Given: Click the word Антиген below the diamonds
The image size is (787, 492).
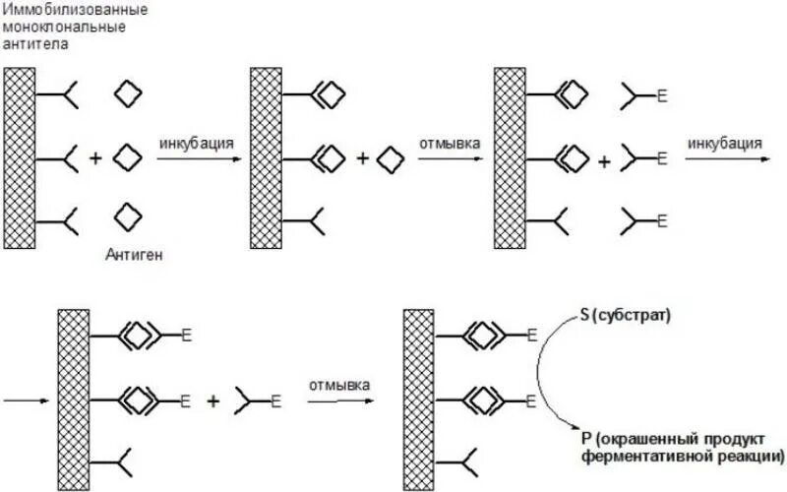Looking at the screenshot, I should [134, 255].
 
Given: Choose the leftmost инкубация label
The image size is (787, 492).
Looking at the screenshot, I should [196, 144].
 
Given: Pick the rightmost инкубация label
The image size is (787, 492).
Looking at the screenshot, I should [725, 144].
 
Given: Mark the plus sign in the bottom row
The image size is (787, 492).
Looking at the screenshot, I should [212, 400].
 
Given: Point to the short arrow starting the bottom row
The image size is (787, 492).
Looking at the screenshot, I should [25, 400].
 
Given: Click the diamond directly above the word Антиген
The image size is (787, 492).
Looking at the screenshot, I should [128, 215].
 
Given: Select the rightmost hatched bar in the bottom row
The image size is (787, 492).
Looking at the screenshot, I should [419, 394].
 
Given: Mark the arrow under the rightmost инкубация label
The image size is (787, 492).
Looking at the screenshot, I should [723, 158].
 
